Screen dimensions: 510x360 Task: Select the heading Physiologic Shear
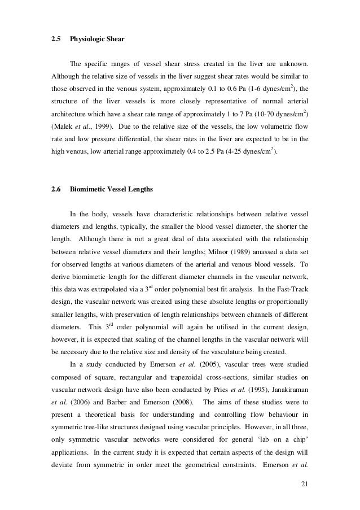(x=96, y=40)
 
